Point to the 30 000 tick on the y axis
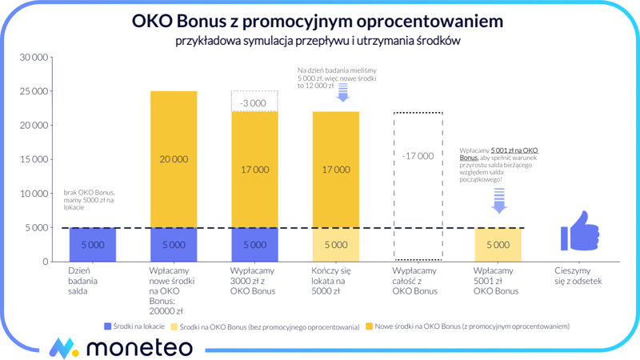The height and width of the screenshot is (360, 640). (x=34, y=58)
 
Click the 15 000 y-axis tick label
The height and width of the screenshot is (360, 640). (x=34, y=159)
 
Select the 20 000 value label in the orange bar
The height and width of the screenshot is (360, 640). (x=174, y=159)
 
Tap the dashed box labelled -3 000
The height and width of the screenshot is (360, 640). (x=254, y=102)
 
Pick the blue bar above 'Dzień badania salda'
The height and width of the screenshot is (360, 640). (x=93, y=245)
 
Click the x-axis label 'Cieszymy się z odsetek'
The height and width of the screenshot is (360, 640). (x=578, y=276)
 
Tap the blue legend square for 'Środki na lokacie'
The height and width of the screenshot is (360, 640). (x=107, y=326)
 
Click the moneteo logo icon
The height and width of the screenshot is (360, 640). (x=62, y=347)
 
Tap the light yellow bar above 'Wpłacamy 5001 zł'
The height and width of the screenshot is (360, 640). (x=498, y=245)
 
